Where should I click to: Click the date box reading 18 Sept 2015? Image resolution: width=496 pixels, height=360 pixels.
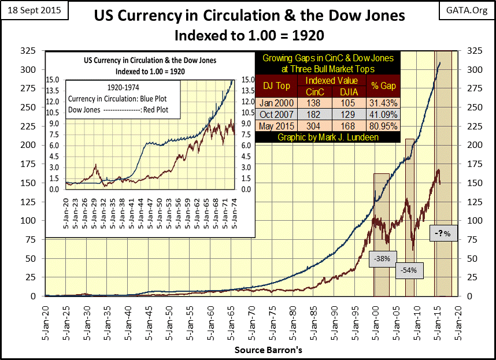33,11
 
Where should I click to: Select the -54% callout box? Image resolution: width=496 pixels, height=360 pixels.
409,269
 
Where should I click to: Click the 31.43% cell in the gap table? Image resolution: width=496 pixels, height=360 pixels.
380,102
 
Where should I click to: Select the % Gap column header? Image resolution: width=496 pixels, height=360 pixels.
380,85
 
